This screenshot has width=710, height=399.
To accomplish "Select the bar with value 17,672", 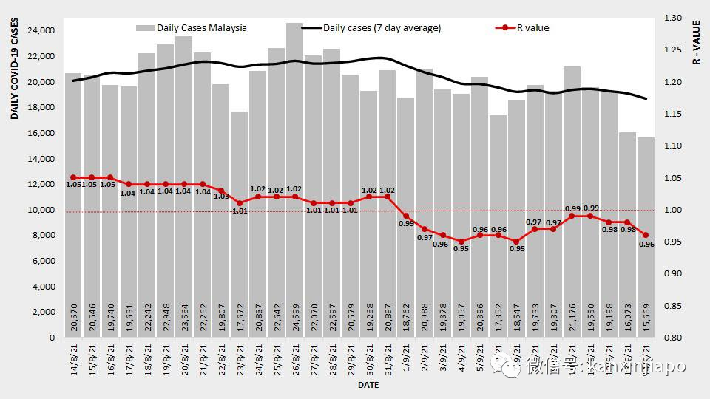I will [240, 222].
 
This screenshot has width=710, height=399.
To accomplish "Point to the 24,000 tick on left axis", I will [41, 31].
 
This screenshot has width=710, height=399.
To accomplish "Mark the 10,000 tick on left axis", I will [41, 210].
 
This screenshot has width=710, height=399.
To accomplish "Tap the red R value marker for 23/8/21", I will [240, 203].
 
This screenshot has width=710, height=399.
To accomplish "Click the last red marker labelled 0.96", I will [646, 235].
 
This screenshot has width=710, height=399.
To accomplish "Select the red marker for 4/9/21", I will [461, 242].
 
